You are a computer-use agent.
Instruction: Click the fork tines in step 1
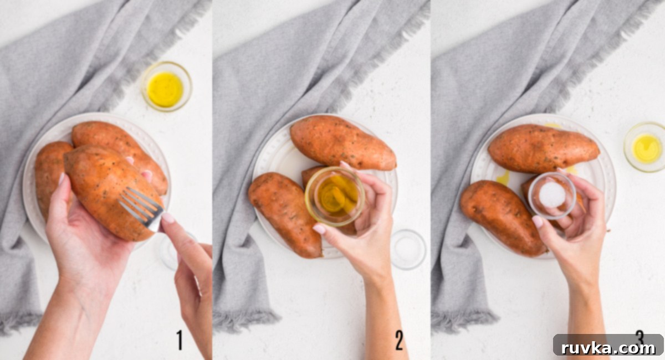coord(140,205)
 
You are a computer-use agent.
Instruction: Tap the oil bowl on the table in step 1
coord(166,86)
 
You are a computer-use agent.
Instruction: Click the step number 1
coord(180,340)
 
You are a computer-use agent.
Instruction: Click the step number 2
coord(400,341)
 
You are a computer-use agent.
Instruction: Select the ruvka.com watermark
coord(608,348)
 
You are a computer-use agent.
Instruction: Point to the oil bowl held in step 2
coord(335,197)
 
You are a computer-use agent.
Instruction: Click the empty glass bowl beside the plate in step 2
coord(408,249)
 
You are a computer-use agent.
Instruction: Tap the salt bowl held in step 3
coord(552,196)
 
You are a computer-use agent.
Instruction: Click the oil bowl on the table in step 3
coord(646,147)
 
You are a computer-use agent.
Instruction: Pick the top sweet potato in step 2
coord(343,142)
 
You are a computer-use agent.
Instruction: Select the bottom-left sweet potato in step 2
coord(285,214)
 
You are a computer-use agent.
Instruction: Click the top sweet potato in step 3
coord(543,148)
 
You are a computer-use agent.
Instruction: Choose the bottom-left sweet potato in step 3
coord(503,218)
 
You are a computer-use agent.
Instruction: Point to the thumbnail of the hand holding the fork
coord(168,218)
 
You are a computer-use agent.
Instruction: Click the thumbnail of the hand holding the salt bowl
coord(538,221)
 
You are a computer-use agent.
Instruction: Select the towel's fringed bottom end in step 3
coord(464,321)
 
